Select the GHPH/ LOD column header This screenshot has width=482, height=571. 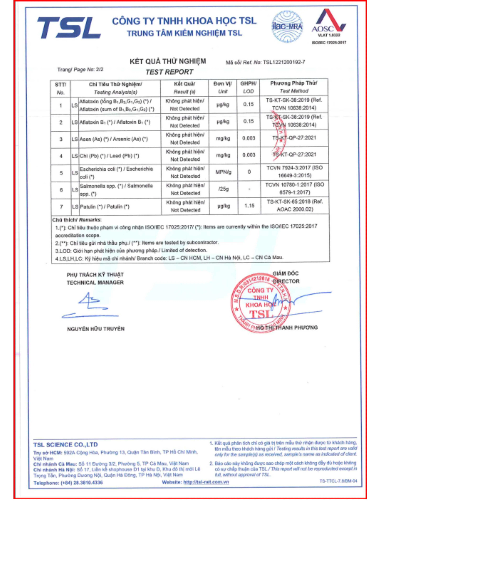pyautogui.click(x=248, y=87)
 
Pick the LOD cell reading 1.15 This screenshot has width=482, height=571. pyautogui.click(x=249, y=206)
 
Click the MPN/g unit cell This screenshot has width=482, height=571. pyautogui.click(x=223, y=172)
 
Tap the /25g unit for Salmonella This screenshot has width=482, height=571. pyautogui.click(x=224, y=189)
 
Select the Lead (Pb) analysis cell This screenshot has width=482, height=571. pyautogui.click(x=109, y=156)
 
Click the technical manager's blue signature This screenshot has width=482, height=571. pyautogui.click(x=90, y=306)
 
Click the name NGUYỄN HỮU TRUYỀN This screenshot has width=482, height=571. pyautogui.click(x=96, y=329)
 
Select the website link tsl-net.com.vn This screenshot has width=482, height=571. pyautogui.click(x=206, y=482)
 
